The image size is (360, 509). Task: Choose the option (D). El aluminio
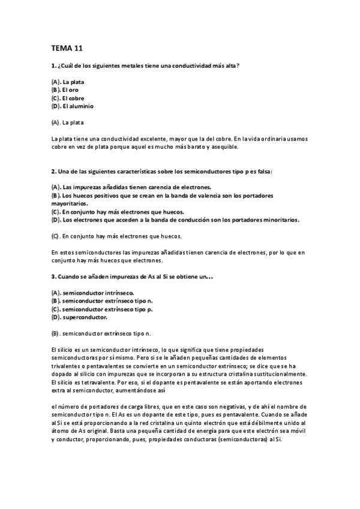(x=73, y=106)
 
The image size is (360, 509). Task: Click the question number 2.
(x=53, y=172)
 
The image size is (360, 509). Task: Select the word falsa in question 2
(x=263, y=172)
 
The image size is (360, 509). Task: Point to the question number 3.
(x=53, y=276)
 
